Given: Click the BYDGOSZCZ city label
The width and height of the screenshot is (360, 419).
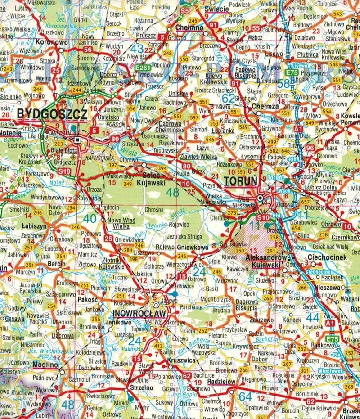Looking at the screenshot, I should pos(52,115).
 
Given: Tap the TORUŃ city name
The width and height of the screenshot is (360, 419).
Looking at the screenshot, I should pos(240,180).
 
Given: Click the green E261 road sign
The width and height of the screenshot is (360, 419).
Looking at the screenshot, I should pos(143,68).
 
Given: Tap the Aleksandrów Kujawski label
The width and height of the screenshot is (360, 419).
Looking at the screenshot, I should pos(266,260).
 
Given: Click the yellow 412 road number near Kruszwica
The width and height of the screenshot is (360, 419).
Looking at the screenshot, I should pos(158,346).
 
